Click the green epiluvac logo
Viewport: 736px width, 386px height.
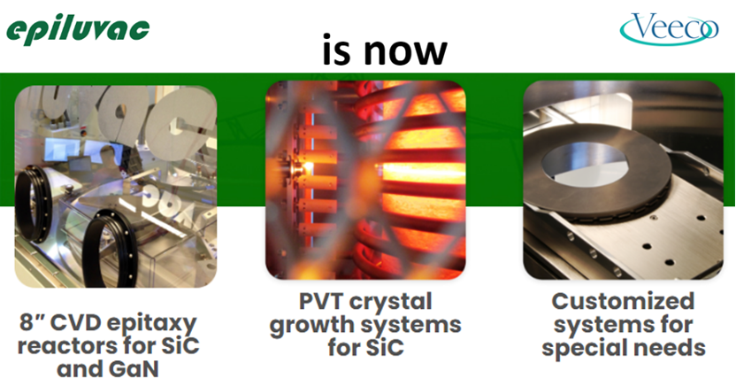[x=78, y=32]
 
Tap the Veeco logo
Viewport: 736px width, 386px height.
[x=670, y=29]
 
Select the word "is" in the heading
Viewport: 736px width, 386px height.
[x=338, y=49]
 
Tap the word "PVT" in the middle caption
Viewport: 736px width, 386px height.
[x=321, y=302]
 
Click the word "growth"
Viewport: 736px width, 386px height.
[x=310, y=326]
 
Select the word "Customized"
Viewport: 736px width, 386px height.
[x=623, y=301]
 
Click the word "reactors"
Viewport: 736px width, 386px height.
[x=72, y=346]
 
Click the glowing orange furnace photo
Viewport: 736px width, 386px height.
[x=365, y=180]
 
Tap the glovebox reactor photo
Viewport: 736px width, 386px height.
[x=116, y=187]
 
